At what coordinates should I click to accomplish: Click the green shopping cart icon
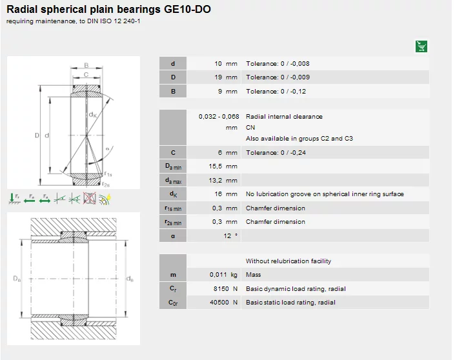click(421, 46)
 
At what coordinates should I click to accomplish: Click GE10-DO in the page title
click(187, 9)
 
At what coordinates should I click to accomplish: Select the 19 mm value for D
click(226, 77)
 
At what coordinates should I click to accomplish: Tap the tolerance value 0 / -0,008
click(295, 64)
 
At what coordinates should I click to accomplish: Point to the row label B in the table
click(173, 92)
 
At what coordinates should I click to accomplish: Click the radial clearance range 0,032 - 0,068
click(219, 117)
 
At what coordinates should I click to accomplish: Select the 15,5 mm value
click(223, 166)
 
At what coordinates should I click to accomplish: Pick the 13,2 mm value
click(223, 181)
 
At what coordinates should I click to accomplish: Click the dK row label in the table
click(173, 194)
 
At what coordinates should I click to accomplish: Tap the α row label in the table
click(173, 236)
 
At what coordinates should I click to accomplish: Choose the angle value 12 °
click(230, 236)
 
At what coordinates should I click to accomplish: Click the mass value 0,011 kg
click(223, 275)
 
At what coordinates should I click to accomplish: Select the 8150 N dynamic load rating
click(225, 289)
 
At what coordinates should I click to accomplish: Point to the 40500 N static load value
click(224, 303)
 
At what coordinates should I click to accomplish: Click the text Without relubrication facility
click(288, 261)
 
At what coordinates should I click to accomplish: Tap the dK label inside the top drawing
click(93, 115)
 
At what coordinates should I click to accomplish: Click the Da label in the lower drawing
click(17, 279)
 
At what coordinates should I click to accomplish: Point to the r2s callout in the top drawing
click(106, 185)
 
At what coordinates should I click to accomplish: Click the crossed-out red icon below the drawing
click(89, 199)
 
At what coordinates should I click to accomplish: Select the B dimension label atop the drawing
click(86, 65)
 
